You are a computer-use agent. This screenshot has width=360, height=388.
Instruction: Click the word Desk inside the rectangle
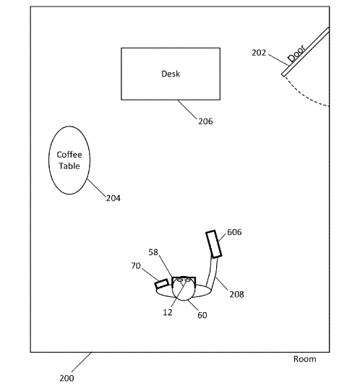point(171,74)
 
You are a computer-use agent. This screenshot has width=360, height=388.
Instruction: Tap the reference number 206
point(205,121)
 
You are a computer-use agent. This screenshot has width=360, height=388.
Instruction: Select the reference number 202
point(259,53)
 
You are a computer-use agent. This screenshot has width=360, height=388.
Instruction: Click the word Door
point(296,53)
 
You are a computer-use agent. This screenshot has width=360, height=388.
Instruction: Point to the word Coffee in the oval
point(69,155)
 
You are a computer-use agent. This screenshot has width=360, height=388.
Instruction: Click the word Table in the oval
point(69,165)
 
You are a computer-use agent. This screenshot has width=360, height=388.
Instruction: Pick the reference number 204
point(113,198)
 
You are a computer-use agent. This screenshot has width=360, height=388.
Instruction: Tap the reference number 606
point(234,232)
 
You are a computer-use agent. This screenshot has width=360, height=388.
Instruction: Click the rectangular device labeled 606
point(214,244)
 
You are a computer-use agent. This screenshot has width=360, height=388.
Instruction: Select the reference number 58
point(153,252)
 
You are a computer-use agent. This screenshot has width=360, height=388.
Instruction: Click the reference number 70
point(136,266)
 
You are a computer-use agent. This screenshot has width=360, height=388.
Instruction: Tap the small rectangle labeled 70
point(161,283)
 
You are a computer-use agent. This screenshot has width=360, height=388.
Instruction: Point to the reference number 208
point(236,295)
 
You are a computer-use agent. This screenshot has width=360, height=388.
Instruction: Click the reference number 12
point(168,312)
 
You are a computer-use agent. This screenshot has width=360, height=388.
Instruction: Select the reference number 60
point(202,315)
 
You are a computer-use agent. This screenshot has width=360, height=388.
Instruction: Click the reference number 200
point(67,378)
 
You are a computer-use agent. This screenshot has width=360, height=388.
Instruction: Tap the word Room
point(304,359)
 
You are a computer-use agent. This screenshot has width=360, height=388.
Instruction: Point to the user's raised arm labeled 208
point(212,273)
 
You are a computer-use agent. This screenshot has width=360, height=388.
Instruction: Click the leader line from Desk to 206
point(187,109)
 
